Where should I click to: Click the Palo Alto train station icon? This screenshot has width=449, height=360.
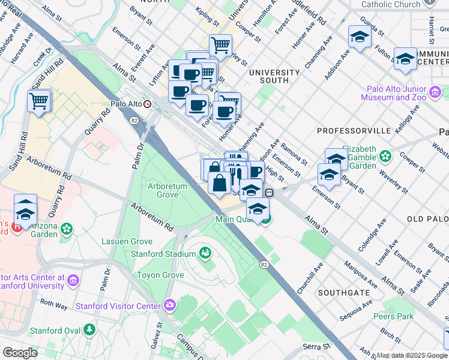pos(147,104)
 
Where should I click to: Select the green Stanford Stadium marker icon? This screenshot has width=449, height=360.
pos(205,253)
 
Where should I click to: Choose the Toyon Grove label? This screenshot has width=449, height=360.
pos(160,275)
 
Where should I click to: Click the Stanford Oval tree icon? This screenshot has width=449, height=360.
pos(89,329)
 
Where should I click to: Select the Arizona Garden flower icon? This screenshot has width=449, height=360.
pos(66,229)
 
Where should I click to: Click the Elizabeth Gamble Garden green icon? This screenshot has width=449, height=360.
pos(385,157)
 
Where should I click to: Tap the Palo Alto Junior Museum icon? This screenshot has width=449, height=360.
pos(435,93)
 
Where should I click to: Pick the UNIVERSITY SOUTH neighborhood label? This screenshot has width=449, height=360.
pos(274,76)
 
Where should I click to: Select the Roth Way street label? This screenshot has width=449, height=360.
pos(53,304)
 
